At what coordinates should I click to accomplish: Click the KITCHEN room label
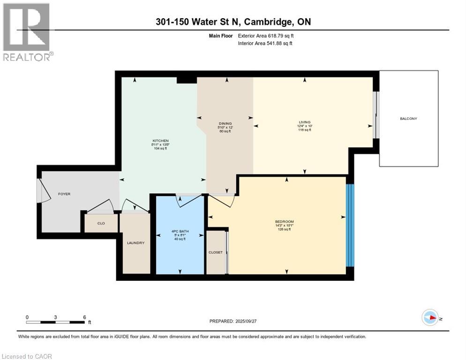point(160,141)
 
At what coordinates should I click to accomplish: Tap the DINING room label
point(225,124)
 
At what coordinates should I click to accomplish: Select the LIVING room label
point(305,122)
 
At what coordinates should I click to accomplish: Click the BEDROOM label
point(285,221)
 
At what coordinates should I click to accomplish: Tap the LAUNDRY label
point(135,243)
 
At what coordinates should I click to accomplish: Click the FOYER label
point(64,194)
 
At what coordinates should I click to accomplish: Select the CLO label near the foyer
point(101,223)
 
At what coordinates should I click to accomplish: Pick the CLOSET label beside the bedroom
point(216,252)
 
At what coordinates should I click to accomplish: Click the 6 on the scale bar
point(84,317)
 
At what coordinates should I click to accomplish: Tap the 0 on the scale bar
point(27,317)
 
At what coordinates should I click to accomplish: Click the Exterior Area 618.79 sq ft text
point(266,36)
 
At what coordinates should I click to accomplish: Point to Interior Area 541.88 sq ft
point(266,44)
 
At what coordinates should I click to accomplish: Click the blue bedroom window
point(350,225)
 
